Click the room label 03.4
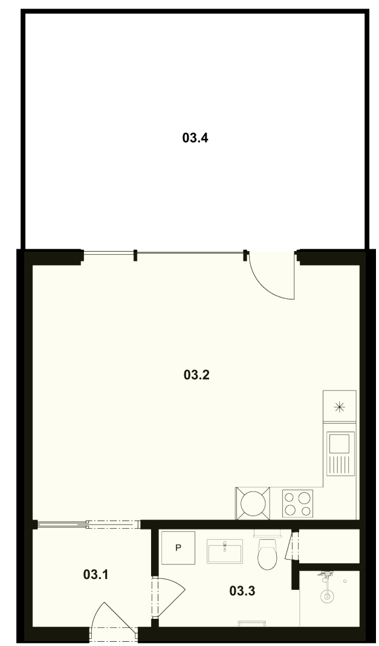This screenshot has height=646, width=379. point(195,138)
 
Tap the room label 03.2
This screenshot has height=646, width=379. point(196,375)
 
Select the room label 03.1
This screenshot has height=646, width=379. point(96,574)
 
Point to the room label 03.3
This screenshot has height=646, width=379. point(242,591)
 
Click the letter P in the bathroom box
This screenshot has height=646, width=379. point(178,548)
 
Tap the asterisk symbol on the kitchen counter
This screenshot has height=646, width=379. point(340,408)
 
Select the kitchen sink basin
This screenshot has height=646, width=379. point(340,443)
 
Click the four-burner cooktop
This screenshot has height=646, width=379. point(297,504)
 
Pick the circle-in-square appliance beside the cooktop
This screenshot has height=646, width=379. point(253,503)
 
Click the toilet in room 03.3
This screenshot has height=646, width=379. point(267,552)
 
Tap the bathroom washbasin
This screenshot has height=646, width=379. point(225,551)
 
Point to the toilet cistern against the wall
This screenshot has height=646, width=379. point(267,532)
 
